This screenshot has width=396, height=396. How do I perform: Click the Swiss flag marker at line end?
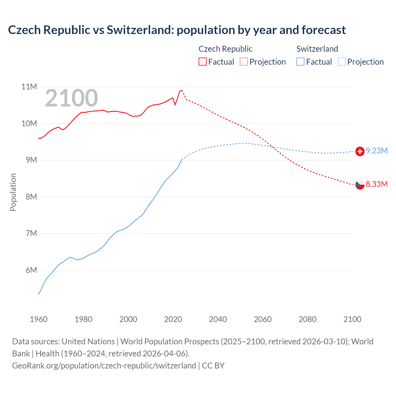[360, 151]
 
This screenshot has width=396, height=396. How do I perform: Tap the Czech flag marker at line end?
[360, 185]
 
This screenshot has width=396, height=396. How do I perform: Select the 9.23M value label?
[377, 151]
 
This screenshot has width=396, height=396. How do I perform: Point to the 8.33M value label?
[377, 184]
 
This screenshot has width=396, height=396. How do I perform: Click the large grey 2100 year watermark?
[71, 98]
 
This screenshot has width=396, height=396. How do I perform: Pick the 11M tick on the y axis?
[29, 87]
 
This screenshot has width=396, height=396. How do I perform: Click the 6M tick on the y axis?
[31, 270]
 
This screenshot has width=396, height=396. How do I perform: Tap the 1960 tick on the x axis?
[39, 319]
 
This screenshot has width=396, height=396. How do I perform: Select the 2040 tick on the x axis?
[218, 319]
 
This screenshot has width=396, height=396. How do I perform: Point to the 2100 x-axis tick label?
[352, 319]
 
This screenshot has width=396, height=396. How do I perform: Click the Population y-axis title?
[13, 192]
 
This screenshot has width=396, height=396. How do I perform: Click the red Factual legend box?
[202, 62]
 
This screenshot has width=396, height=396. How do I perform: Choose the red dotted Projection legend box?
[244, 62]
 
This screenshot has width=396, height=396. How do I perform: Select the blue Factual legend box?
[300, 62]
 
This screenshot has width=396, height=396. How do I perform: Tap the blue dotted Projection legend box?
[342, 62]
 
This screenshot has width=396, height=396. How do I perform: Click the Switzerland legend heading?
[317, 49]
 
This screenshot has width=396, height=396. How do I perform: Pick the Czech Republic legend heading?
[225, 49]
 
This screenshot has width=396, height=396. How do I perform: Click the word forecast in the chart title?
[324, 30]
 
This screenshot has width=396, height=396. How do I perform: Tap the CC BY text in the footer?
[213, 366]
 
